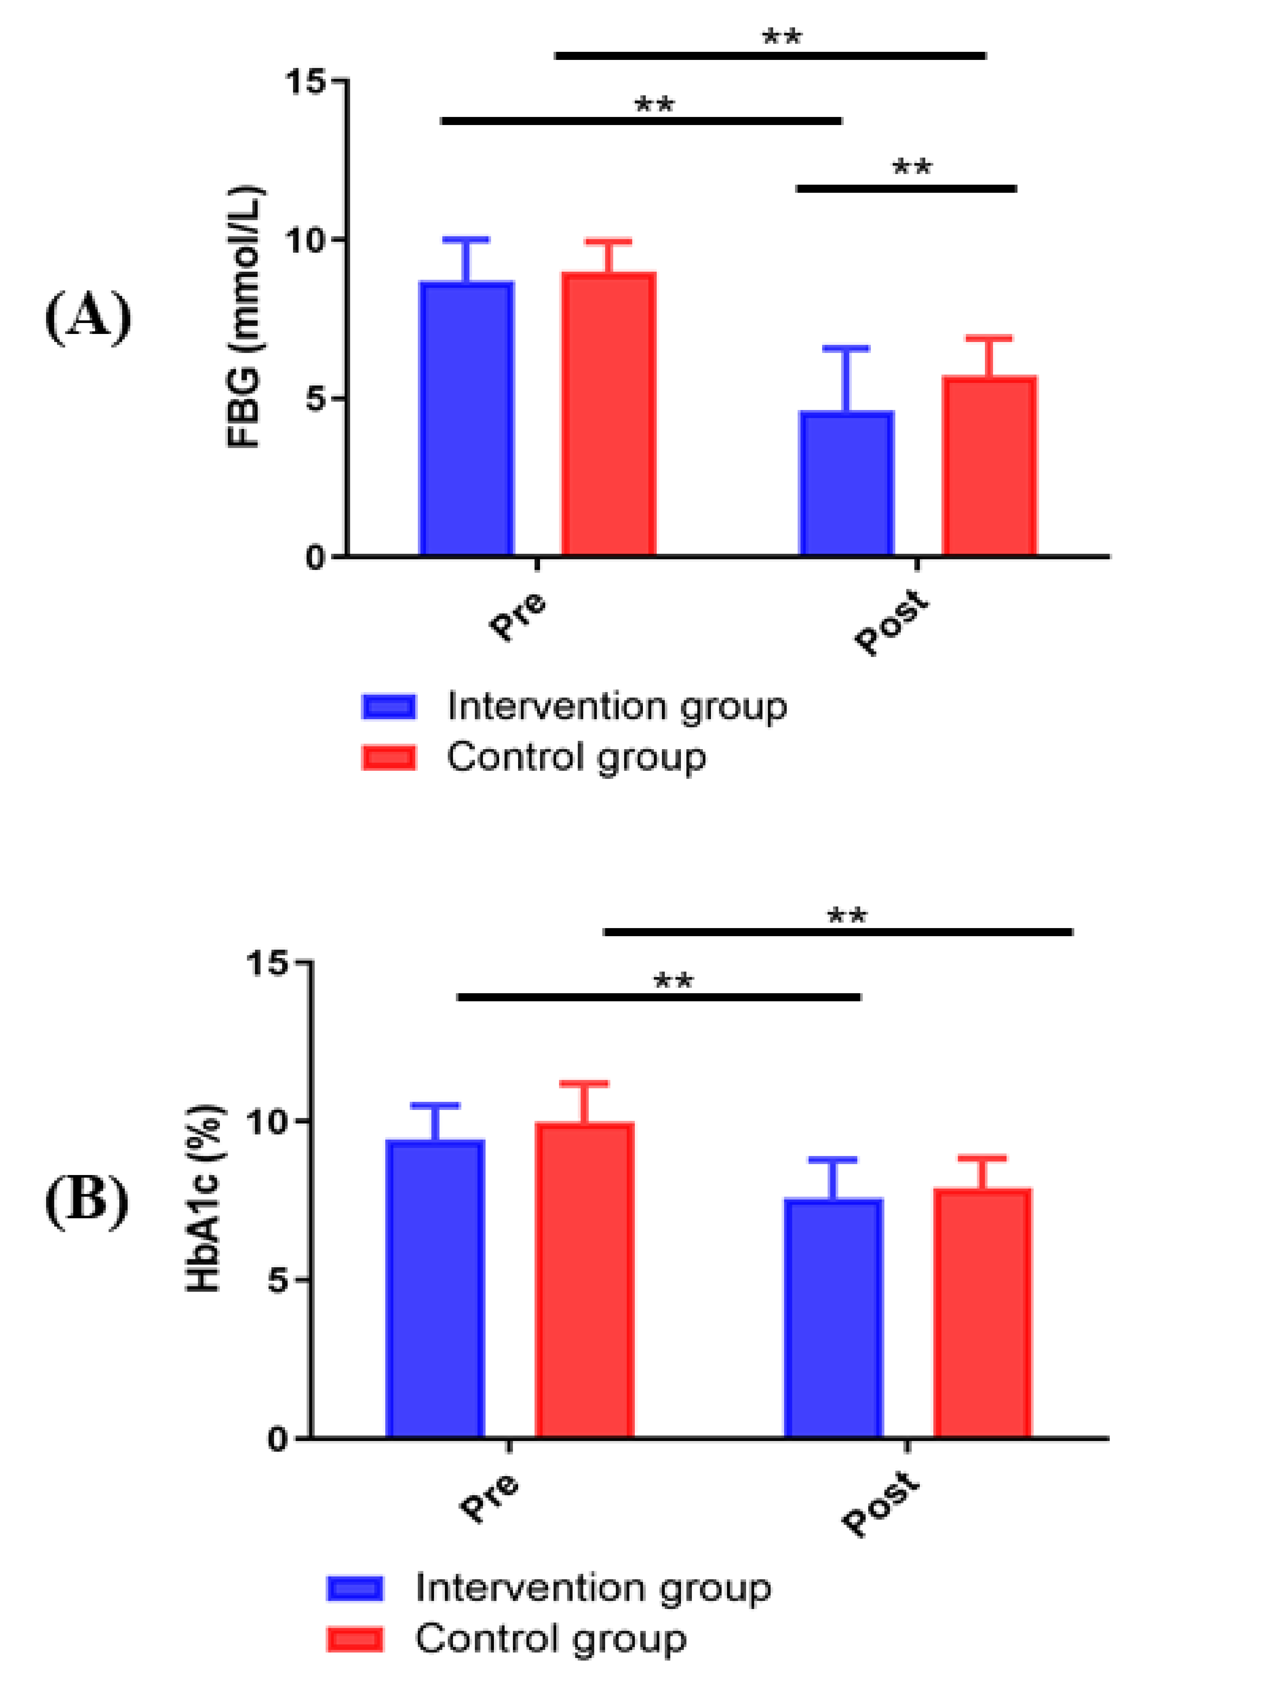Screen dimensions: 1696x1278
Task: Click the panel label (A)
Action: [88, 317]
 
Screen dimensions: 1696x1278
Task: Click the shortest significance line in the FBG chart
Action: [906, 188]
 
